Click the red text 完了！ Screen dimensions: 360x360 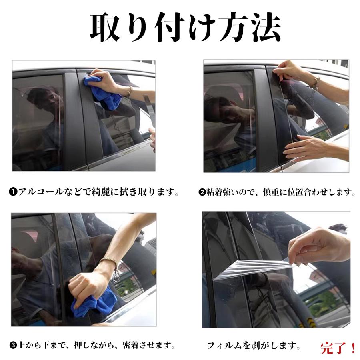click(x=338, y=347)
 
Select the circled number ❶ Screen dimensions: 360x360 click(x=12, y=192)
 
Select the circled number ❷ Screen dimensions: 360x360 click(x=202, y=192)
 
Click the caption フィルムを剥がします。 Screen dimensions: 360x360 click(x=254, y=345)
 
